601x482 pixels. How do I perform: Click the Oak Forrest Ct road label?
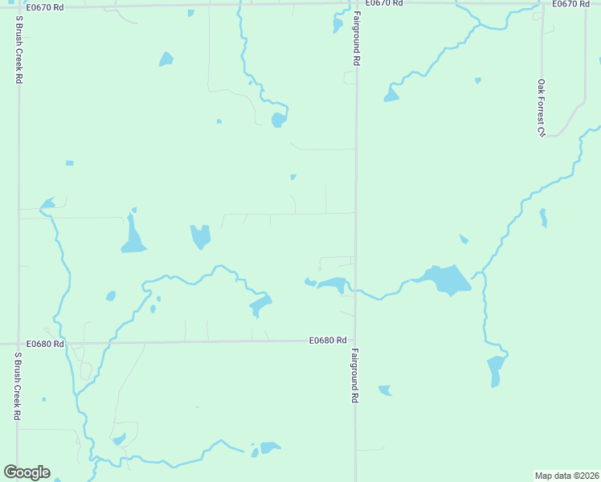click(542, 107)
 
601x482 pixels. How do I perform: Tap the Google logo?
click(27, 472)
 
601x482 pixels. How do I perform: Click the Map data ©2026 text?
click(567, 476)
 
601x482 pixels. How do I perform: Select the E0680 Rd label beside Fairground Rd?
click(328, 341)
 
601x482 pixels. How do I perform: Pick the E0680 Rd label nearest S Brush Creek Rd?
click(44, 343)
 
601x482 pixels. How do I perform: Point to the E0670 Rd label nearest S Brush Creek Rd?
click(44, 7)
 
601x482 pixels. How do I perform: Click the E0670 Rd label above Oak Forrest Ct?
click(570, 4)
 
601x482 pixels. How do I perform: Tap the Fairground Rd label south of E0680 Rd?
click(354, 375)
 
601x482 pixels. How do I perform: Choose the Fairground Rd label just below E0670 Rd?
click(354, 39)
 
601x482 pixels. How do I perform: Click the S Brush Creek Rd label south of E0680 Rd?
click(17, 386)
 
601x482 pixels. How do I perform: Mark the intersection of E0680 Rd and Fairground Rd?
click(356, 340)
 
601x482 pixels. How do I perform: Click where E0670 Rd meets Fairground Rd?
click(356, 3)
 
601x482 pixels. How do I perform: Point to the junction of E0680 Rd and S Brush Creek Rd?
click(18, 344)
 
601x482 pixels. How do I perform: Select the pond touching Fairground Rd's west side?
click(333, 284)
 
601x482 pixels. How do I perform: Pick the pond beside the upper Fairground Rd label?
click(338, 24)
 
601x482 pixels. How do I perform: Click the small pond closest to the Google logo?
click(56, 480)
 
